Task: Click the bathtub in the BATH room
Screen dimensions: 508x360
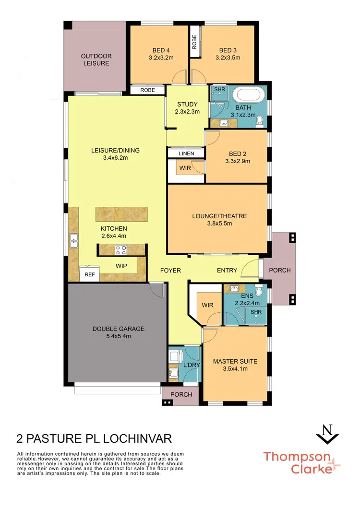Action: pyautogui.click(x=248, y=95)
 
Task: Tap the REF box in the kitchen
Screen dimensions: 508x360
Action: pyautogui.click(x=89, y=274)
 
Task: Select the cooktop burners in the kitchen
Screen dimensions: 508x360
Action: pyautogui.click(x=120, y=249)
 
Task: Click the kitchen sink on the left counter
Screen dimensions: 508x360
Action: pyautogui.click(x=73, y=240)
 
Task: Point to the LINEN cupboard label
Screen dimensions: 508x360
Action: pyautogui.click(x=186, y=154)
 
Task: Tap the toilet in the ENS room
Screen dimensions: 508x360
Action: pyautogui.click(x=259, y=290)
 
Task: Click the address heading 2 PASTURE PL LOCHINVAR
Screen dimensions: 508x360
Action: pyautogui.click(x=94, y=438)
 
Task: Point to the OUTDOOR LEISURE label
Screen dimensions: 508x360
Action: pyautogui.click(x=95, y=59)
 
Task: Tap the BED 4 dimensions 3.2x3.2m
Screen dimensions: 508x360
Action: pyautogui.click(x=160, y=58)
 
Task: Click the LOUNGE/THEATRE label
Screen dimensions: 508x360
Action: pyautogui.click(x=219, y=216)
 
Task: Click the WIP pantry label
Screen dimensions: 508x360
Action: pyautogui.click(x=121, y=265)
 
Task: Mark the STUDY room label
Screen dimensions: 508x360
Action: pyautogui.click(x=187, y=105)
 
